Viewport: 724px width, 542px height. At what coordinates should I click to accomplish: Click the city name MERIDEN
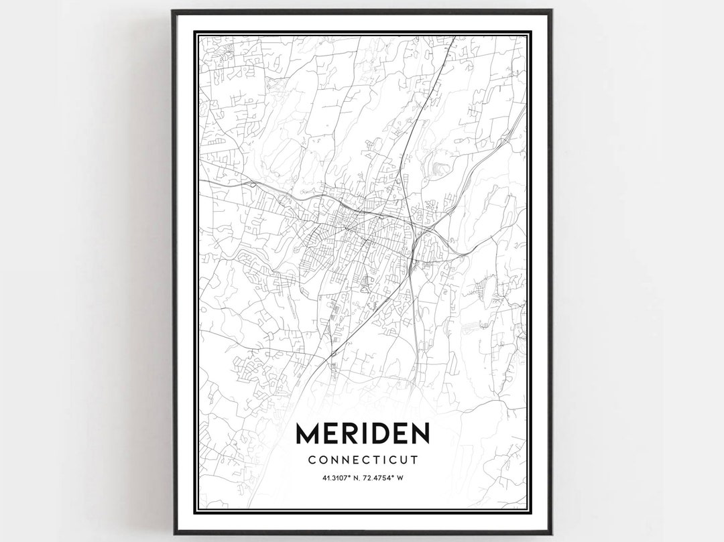(362, 434)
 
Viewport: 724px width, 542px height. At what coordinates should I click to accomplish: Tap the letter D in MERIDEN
(381, 434)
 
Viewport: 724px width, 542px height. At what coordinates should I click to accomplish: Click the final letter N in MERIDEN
(418, 434)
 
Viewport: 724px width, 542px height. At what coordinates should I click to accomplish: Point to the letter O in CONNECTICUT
(322, 460)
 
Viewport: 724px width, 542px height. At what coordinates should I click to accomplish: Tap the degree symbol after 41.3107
(345, 476)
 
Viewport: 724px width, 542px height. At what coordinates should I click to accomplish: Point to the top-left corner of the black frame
(173, 11)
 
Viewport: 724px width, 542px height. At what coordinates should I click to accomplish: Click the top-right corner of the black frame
(551, 11)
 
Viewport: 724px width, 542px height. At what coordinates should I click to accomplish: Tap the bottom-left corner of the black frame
(173, 533)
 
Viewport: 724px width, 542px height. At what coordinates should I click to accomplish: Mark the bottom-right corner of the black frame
(551, 533)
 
